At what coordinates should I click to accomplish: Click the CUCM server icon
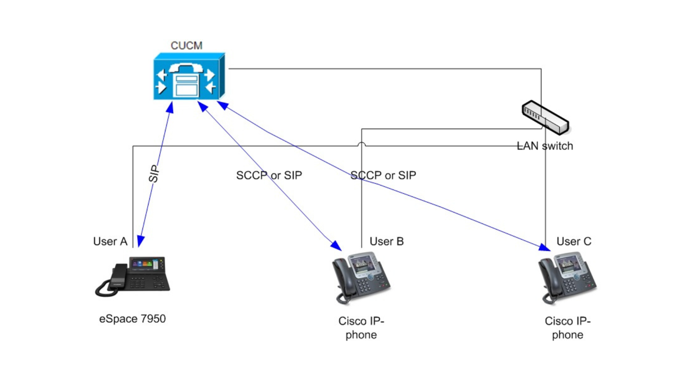tap(189, 77)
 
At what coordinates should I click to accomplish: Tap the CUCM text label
tap(186, 46)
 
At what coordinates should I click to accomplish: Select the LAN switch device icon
tap(545, 117)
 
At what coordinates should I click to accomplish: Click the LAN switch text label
tap(545, 146)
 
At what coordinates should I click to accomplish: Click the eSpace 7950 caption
tap(132, 319)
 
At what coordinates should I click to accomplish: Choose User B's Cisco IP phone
tap(361, 277)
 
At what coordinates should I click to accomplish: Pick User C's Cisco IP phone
tap(567, 277)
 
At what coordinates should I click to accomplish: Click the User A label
tap(110, 241)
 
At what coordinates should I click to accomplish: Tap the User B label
tap(387, 241)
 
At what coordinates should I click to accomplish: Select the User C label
tap(574, 241)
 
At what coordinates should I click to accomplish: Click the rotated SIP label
tap(154, 173)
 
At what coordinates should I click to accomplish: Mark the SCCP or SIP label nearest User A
tap(269, 175)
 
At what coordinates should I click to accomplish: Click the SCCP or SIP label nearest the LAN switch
tap(383, 175)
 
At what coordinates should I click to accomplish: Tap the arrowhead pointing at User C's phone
tap(545, 247)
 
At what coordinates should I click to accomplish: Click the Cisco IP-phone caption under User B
tap(361, 328)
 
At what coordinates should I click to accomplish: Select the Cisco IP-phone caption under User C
tap(567, 328)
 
